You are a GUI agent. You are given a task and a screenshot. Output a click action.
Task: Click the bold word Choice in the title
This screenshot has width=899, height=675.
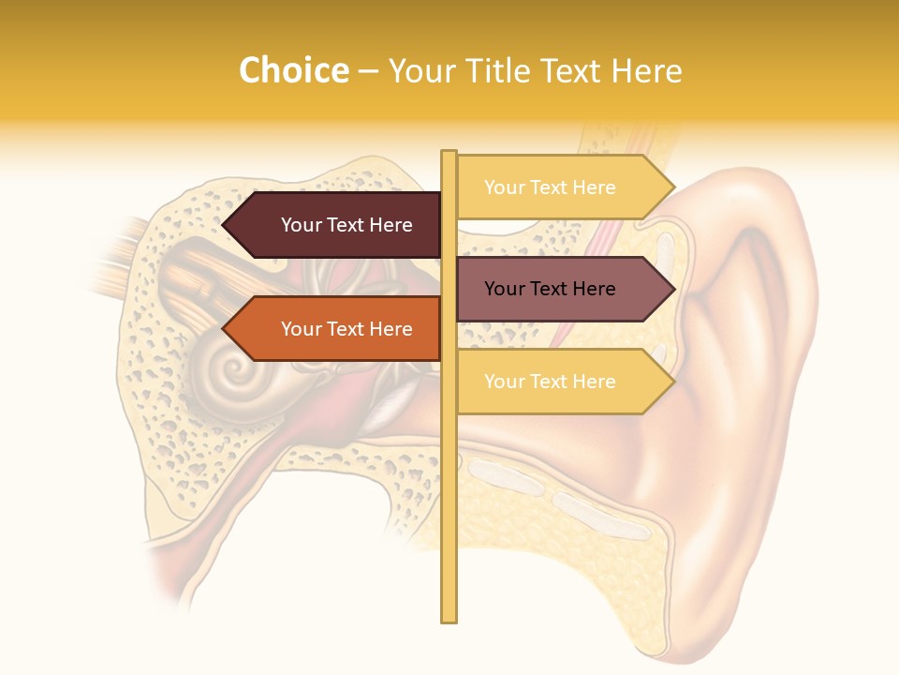pyautogui.click(x=293, y=70)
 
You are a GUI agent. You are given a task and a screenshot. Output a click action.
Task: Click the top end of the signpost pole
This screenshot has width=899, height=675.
pyautogui.click(x=449, y=153)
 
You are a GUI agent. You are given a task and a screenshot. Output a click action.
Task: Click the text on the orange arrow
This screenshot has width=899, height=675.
pyautogui.click(x=346, y=329)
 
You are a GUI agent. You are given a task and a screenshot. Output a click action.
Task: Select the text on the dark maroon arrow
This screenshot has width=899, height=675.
pyautogui.click(x=346, y=225)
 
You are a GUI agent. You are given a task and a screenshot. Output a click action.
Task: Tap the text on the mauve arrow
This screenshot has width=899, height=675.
pyautogui.click(x=550, y=289)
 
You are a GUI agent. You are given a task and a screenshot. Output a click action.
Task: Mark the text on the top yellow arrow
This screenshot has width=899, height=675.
pyautogui.click(x=550, y=187)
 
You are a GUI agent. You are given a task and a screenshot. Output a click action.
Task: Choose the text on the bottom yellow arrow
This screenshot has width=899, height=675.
pyautogui.click(x=550, y=382)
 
